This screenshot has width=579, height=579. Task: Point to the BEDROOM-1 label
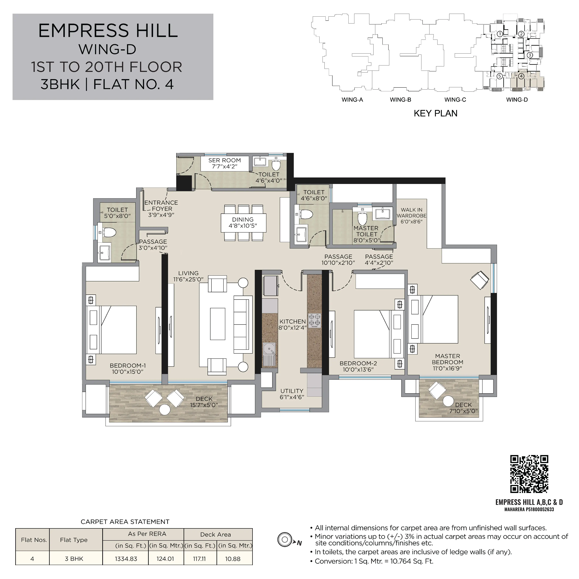(x=128, y=366)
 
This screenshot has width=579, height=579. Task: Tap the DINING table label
(x=243, y=220)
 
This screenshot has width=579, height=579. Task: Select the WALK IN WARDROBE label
(x=411, y=213)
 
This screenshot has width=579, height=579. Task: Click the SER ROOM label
(x=225, y=160)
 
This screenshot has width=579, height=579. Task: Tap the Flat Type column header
(x=74, y=540)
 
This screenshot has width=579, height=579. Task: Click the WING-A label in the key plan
(x=352, y=100)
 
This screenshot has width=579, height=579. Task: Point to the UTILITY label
(x=292, y=391)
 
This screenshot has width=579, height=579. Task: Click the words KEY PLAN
(x=435, y=113)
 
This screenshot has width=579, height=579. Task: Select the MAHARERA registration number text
(x=529, y=509)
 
